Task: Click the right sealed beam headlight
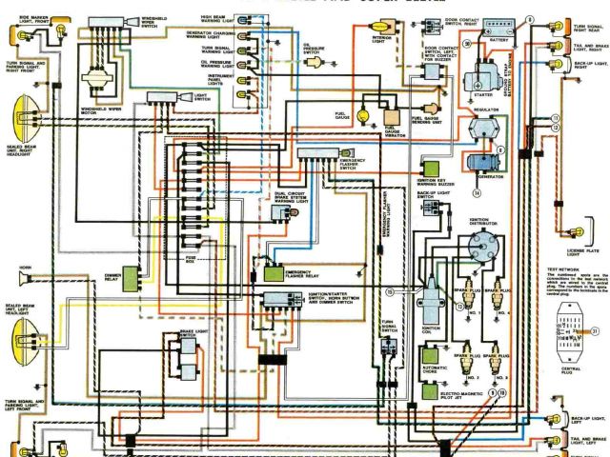pyautogui.click(x=20, y=125)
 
